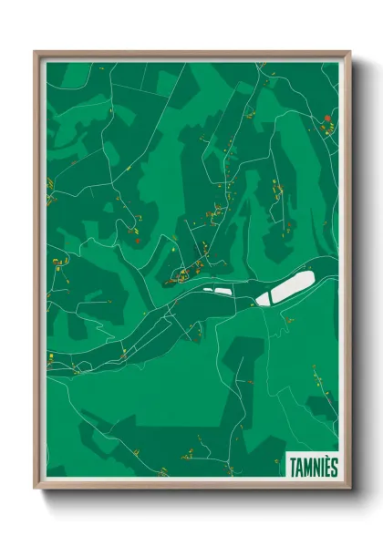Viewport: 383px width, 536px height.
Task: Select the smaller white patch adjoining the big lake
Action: [x=264, y=298]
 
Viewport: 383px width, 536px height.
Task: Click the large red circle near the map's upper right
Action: [x=326, y=119]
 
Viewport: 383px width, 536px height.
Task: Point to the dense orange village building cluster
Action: [x=187, y=272]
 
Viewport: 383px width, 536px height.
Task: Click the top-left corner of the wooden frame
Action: [x=36, y=52]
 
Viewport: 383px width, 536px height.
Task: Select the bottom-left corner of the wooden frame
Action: [x=36, y=488]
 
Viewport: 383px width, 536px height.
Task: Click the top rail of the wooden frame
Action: [x=191, y=53]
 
